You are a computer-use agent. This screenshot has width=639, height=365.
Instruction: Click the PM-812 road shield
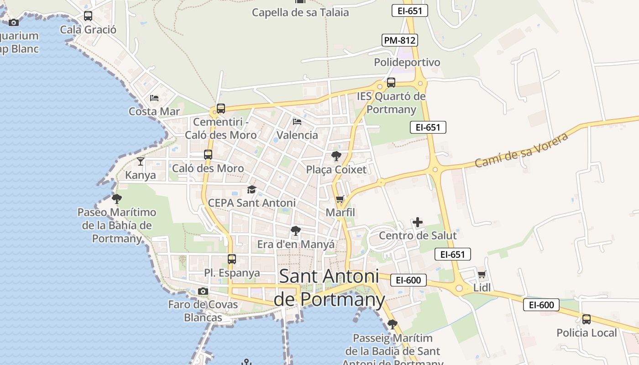pyautogui.click(x=400, y=40)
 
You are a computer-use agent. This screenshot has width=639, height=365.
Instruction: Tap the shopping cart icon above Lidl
pyautogui.click(x=482, y=275)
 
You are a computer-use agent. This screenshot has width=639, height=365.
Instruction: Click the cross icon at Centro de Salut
pyautogui.click(x=417, y=223)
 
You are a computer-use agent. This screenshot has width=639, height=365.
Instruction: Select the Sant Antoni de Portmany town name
pyautogui.click(x=330, y=287)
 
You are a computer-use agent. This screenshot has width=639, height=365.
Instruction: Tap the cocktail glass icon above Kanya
pyautogui.click(x=141, y=162)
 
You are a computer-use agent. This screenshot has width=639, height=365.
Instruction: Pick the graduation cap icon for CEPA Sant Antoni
pyautogui.click(x=251, y=189)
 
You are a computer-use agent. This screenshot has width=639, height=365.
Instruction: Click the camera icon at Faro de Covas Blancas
pyautogui.click(x=203, y=291)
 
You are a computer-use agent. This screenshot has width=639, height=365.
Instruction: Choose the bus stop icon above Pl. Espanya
pyautogui.click(x=232, y=259)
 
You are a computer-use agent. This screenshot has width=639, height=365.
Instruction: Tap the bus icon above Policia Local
pyautogui.click(x=587, y=319)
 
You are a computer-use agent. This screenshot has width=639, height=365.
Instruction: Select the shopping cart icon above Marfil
pyautogui.click(x=340, y=199)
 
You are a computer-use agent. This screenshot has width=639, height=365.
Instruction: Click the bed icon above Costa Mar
pyautogui.click(x=154, y=98)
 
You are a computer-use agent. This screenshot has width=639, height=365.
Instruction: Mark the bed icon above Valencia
pyautogui.click(x=297, y=122)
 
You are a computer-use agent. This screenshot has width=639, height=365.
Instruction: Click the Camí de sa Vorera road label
pyautogui.click(x=522, y=150)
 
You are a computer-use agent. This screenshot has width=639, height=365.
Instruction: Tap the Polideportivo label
pyautogui.click(x=407, y=62)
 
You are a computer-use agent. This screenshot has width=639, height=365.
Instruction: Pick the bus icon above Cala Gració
pyautogui.click(x=88, y=16)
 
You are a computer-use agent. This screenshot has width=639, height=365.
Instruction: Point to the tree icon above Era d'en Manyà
pyautogui.click(x=296, y=231)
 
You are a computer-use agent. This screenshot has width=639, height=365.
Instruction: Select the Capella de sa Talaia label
pyautogui.click(x=300, y=12)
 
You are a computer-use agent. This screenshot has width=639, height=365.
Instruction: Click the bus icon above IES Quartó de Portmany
pyautogui.click(x=391, y=83)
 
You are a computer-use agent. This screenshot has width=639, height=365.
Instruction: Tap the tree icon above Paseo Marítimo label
pyautogui.click(x=117, y=199)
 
